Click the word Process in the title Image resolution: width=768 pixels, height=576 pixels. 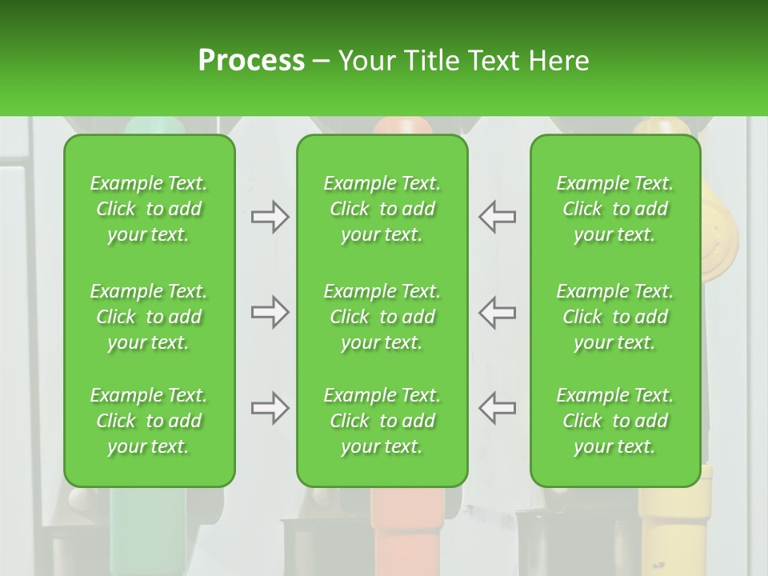pos(251,61)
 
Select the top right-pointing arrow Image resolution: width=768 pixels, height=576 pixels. pos(270,217)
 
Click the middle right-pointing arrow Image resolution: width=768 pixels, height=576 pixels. pos(270,312)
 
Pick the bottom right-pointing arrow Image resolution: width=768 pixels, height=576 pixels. pos(270,408)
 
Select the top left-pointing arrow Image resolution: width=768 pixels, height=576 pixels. pos(497,217)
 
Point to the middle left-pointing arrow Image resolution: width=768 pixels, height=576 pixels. pos(497,312)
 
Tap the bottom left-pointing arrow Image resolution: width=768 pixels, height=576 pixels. pos(497,408)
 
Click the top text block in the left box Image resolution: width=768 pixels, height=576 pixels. pos(149,209)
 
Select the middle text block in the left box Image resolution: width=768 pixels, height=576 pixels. pos(149,317)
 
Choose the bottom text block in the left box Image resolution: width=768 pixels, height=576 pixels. pos(149,421)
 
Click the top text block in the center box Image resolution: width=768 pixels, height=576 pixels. pos(382,209)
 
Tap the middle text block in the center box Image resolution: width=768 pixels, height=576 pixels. pos(382,317)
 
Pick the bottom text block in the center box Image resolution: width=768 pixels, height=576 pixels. pos(382,421)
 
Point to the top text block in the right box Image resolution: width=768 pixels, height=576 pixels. pos(614,209)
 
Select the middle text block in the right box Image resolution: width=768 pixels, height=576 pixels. pos(614,317)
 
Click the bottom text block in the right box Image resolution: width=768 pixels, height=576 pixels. pos(614,421)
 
